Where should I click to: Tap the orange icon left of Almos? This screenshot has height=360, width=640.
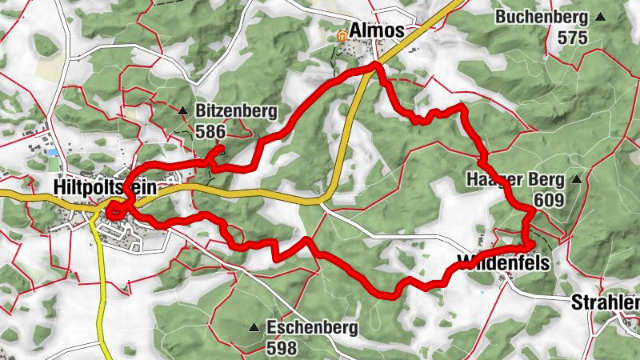(x=342, y=34)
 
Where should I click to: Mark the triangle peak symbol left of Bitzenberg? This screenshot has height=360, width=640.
(x=183, y=111)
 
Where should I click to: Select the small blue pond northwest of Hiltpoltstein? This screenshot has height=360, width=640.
(x=52, y=152)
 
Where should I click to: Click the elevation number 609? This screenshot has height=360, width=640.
(x=551, y=200)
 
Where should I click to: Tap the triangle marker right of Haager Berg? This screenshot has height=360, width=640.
(x=576, y=180)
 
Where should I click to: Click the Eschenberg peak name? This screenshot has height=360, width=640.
(x=313, y=327)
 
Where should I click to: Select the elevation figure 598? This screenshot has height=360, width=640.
(x=282, y=348)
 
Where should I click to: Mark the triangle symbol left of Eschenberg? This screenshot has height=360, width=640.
(x=254, y=327)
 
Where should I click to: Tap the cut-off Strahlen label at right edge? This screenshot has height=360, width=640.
(x=606, y=303)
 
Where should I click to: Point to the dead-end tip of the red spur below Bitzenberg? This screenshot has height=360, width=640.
(x=222, y=147)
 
